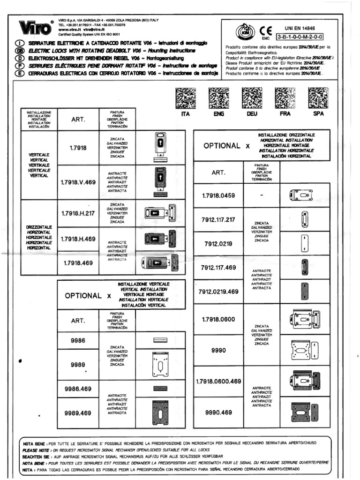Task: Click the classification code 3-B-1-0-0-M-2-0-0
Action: pyautogui.click(x=300, y=36)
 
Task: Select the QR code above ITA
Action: pyautogui.click(x=186, y=98)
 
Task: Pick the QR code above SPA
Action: pyautogui.click(x=319, y=98)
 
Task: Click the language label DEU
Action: pyautogui.click(x=252, y=114)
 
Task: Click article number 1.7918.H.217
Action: pyautogui.click(x=78, y=213)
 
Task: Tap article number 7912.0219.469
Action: pyautogui.click(x=218, y=292)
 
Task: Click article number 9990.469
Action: pyautogui.click(x=218, y=412)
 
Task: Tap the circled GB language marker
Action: pyautogui.click(x=20, y=50)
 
